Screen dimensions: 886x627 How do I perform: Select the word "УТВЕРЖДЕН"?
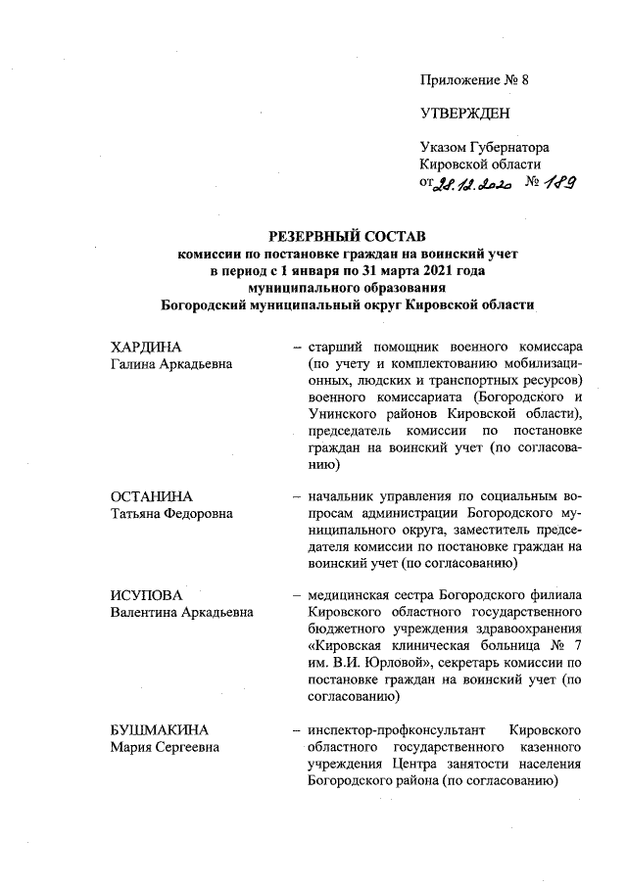pos(464,114)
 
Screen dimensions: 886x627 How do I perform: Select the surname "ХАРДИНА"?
pos(147,349)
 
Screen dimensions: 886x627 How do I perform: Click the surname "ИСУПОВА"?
pos(147,595)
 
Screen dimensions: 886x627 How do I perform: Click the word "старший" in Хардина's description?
pos(335,349)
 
